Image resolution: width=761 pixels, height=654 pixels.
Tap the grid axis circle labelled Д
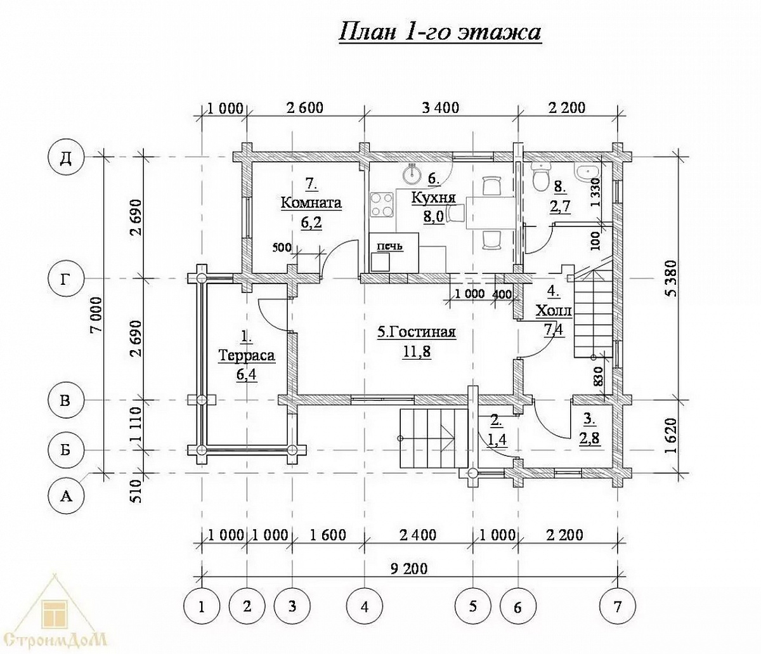[66, 157]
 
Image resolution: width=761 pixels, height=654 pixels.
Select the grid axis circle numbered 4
[365, 606]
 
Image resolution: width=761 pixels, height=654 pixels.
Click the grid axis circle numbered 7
[618, 606]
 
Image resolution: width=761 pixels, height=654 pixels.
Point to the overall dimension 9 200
[410, 568]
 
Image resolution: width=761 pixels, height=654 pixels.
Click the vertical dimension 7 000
[97, 314]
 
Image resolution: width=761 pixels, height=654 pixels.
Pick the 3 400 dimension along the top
[441, 108]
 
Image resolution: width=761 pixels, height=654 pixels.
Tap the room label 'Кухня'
[433, 197]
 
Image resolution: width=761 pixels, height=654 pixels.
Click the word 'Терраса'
[247, 356]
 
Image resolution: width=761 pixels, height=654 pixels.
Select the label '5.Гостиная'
[417, 332]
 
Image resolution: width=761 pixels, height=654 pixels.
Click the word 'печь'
[389, 245]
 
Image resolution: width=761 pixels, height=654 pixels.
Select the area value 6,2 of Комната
[311, 223]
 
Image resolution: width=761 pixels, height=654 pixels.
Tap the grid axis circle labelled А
[66, 497]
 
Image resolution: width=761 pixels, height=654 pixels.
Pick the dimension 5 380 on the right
[672, 278]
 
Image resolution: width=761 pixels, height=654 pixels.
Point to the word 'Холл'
[554, 311]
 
